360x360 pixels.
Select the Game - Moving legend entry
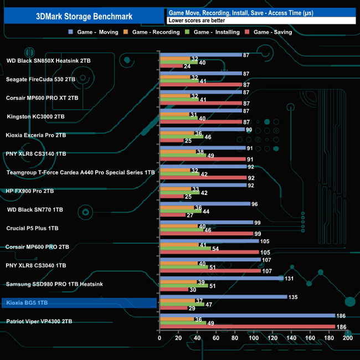click(96, 32)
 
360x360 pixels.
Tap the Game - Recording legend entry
click(156, 32)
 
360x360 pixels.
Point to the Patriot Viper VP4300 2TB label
click(39, 321)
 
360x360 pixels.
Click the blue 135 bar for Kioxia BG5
click(223, 297)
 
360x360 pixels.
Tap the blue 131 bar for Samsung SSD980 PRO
click(221, 278)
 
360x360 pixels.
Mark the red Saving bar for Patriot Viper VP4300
click(247, 327)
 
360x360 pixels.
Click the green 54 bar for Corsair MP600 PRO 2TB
click(185, 248)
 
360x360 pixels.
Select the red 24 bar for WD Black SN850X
click(171, 66)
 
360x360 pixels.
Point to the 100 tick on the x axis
click(254, 338)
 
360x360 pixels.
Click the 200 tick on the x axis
click(348, 338)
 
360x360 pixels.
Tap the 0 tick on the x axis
click(160, 338)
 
